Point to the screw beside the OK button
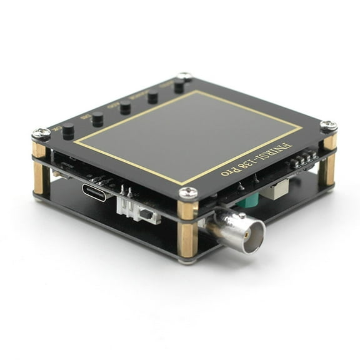(41, 132)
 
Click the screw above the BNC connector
(188, 193)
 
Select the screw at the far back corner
(184, 76)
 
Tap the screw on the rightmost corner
(329, 126)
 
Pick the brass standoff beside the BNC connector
(187, 227)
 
